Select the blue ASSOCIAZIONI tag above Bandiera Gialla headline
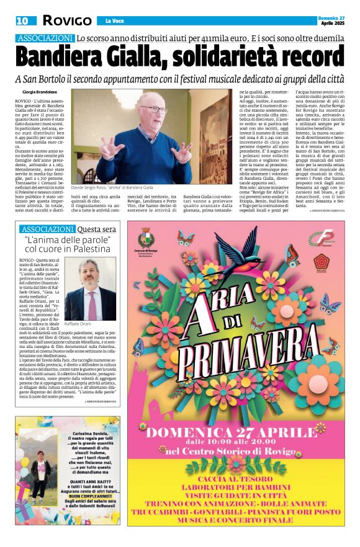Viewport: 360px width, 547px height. point(45,38)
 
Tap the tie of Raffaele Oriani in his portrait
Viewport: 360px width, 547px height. point(91,296)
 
